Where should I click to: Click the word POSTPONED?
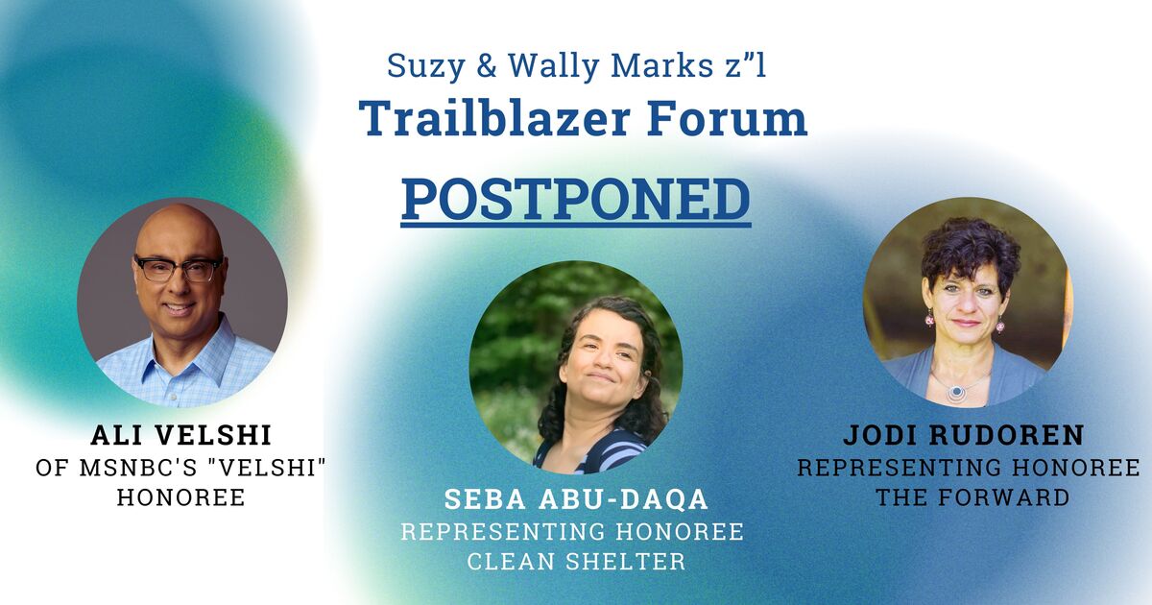[x=575, y=200]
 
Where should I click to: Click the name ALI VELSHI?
[x=181, y=436]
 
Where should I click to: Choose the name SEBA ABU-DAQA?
[x=576, y=499]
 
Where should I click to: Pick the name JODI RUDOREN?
[x=964, y=435]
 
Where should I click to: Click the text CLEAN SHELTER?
[x=576, y=561]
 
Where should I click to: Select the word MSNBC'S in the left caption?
[x=134, y=468]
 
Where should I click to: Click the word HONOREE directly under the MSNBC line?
[x=181, y=497]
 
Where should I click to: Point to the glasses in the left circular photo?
[x=178, y=268]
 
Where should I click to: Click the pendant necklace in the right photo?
[x=956, y=392]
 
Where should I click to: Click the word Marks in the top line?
[x=654, y=66]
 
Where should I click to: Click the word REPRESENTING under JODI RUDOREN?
[x=893, y=468]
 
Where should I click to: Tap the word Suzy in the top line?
[x=426, y=66]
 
